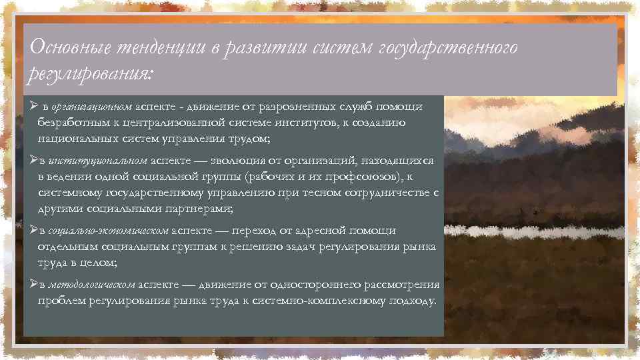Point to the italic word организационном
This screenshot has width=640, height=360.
pos(91,107)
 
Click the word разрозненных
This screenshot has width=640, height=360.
pos(297,107)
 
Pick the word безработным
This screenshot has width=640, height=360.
pos(71,123)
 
